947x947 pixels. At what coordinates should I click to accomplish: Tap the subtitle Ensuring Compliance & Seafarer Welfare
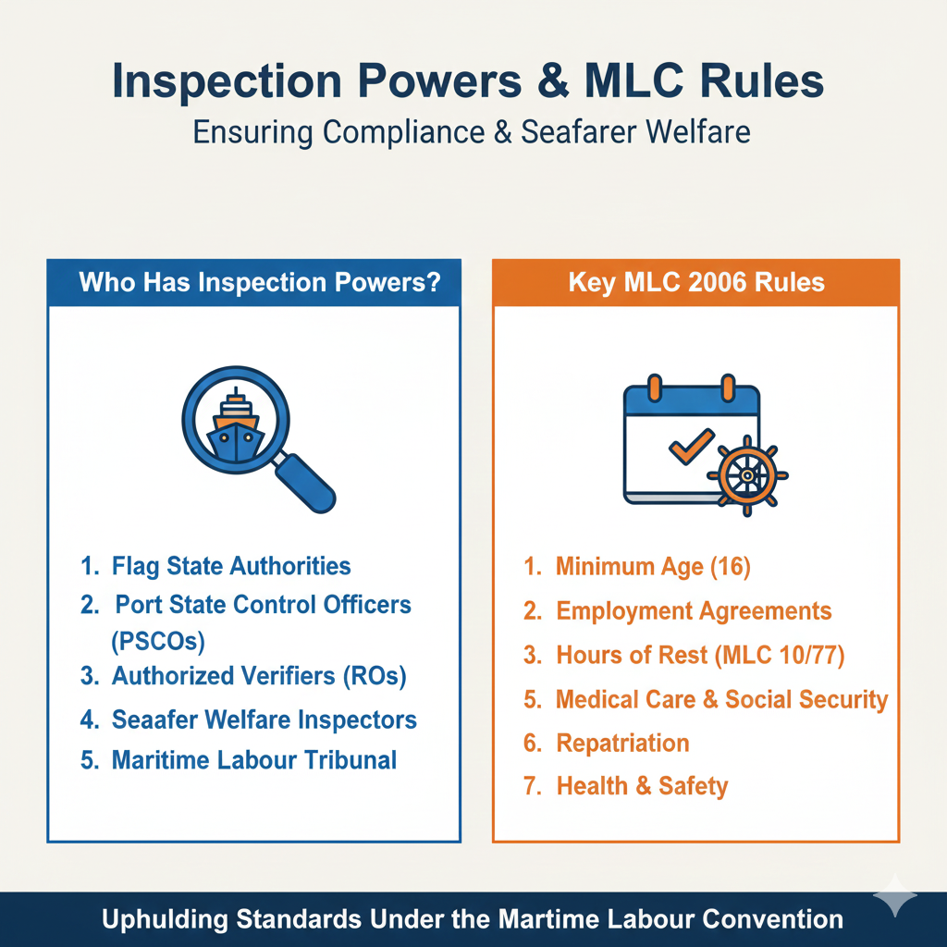tap(472, 131)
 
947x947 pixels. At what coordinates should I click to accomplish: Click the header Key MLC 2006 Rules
tap(696, 282)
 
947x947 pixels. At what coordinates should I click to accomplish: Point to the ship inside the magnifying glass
tap(236, 425)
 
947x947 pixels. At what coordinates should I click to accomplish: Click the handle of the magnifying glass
tap(304, 481)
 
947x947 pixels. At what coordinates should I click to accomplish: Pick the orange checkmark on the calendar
tap(691, 446)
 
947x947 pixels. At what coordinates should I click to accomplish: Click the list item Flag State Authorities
tap(231, 566)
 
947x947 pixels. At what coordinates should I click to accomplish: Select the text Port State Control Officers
tap(263, 605)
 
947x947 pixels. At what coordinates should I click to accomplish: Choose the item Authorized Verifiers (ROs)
tap(259, 676)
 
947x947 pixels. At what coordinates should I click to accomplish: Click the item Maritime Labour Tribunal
tap(254, 760)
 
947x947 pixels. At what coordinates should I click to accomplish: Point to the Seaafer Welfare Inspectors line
tap(264, 719)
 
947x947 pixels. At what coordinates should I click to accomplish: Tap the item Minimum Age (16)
tap(653, 567)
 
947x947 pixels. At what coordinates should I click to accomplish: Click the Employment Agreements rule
tap(694, 611)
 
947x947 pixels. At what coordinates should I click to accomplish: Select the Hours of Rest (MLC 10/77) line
tap(700, 656)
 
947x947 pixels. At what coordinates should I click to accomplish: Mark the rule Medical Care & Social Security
tap(721, 699)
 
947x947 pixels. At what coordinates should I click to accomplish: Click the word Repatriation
tap(622, 743)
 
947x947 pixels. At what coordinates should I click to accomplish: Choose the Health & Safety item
tap(642, 786)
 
